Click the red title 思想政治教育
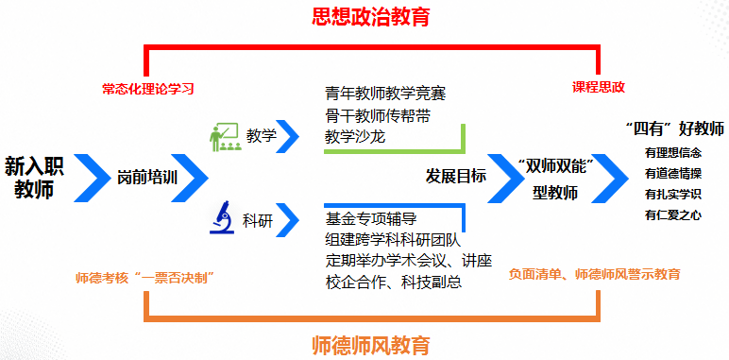click(370, 17)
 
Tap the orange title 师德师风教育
click(370, 345)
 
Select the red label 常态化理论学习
click(148, 89)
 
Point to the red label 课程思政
click(599, 87)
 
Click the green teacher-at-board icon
click(224, 137)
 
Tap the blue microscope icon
click(222, 216)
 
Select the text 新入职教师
click(34, 178)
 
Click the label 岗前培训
click(147, 178)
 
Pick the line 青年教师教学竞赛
click(385, 94)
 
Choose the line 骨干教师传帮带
click(378, 116)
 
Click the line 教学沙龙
click(355, 137)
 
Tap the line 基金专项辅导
click(370, 217)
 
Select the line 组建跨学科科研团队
click(393, 240)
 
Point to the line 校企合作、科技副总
click(394, 282)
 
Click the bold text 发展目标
click(455, 177)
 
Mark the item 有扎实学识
click(673, 195)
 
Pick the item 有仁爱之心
click(673, 214)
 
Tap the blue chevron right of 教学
click(287, 136)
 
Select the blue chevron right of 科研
click(287, 219)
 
